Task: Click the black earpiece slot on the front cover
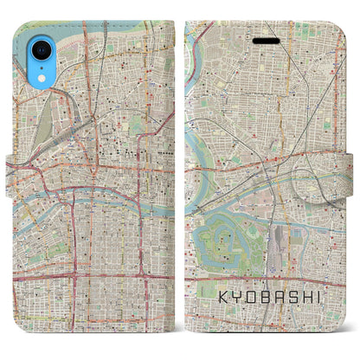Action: (267, 40)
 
